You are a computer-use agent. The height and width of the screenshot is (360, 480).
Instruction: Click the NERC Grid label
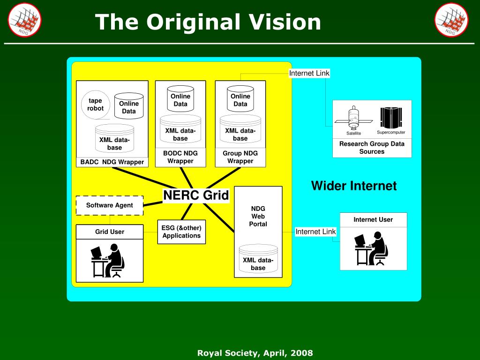pyautogui.click(x=196, y=195)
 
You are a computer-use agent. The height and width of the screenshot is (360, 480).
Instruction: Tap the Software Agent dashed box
pyautogui.click(x=110, y=205)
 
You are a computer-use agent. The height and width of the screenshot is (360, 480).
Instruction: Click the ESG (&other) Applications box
pyautogui.click(x=181, y=232)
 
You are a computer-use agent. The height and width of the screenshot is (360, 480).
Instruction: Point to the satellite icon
pyautogui.click(x=353, y=118)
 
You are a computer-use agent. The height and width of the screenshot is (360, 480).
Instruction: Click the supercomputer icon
pyautogui.click(x=391, y=118)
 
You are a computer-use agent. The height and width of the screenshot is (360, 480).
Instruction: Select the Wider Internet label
pyautogui.click(x=353, y=186)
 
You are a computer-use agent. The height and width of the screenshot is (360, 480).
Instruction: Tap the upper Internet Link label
pyautogui.click(x=309, y=73)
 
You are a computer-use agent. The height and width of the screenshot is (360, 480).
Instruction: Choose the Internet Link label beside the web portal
pyautogui.click(x=315, y=232)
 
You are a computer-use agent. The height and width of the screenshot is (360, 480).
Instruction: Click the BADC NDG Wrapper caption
pyautogui.click(x=112, y=162)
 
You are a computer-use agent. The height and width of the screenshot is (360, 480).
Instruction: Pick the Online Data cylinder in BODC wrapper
pyautogui.click(x=180, y=98)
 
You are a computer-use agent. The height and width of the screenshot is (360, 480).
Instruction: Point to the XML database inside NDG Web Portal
pyautogui.click(x=258, y=259)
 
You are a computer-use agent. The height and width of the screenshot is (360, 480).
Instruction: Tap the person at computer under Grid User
pyautogui.click(x=107, y=260)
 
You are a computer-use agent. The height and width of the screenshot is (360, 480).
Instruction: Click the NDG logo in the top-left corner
pyautogui.click(x=24, y=20)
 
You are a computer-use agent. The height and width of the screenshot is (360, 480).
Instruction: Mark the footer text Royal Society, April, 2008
pyautogui.click(x=255, y=352)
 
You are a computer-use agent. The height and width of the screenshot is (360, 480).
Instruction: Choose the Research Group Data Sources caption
pyautogui.click(x=372, y=148)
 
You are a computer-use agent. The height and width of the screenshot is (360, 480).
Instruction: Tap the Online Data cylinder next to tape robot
pyautogui.click(x=129, y=106)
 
